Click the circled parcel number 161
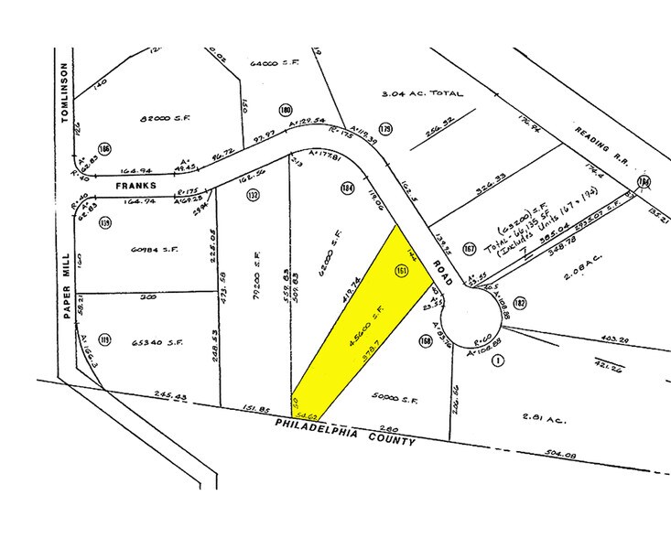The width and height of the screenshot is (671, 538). (401, 271)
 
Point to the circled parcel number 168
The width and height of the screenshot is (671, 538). (425, 341)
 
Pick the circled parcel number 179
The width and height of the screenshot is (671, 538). (385, 130)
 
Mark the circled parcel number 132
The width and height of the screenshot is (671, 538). (253, 196)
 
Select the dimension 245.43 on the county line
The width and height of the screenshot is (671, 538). (169, 398)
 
